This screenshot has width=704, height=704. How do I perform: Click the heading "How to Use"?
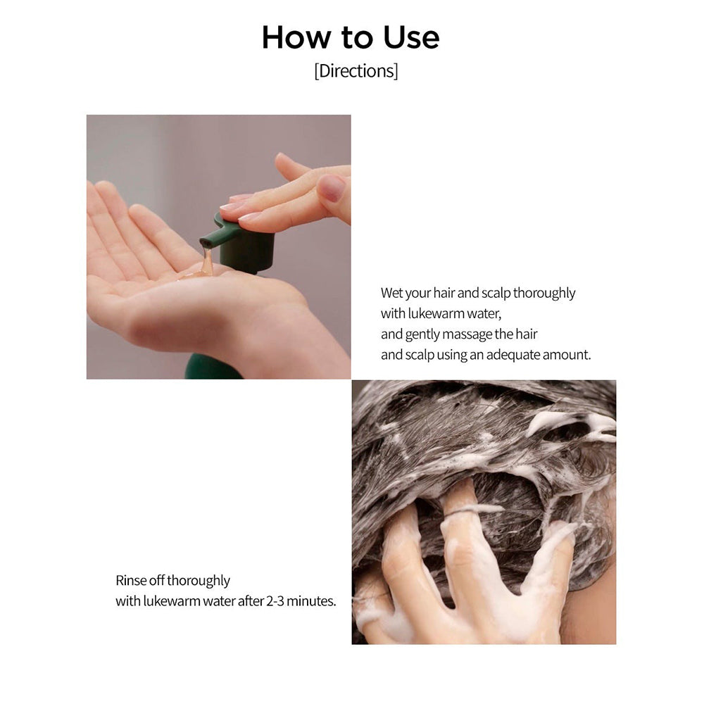[x=351, y=37]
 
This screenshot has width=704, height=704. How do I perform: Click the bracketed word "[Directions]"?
[x=356, y=71]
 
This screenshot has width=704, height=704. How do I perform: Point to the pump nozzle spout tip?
[x=206, y=243]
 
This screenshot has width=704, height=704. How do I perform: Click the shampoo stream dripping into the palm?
[x=206, y=263]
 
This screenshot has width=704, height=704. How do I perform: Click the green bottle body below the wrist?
[x=211, y=367]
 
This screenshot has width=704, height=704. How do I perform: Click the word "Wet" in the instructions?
[x=393, y=293]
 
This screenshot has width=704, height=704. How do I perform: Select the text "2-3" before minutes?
[x=278, y=601]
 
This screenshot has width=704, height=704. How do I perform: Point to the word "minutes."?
[x=313, y=601]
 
